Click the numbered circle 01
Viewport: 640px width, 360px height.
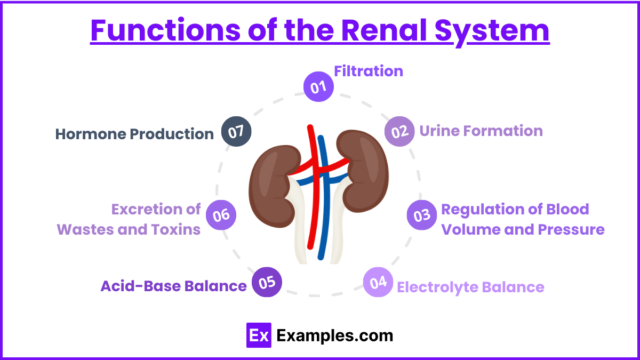tap(318, 86)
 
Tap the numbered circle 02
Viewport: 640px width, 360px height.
tap(399, 131)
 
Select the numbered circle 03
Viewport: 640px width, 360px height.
tap(422, 215)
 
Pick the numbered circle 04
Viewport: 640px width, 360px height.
tap(378, 283)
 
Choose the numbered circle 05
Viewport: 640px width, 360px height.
tap(267, 282)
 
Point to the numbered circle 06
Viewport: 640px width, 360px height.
tap(221, 215)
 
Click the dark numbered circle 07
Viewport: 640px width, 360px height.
tap(236, 132)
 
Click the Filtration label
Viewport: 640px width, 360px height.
tap(368, 71)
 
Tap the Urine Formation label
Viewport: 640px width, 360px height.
tap(481, 131)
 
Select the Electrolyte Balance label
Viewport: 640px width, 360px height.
tap(470, 287)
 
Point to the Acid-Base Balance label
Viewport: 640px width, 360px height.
tap(173, 286)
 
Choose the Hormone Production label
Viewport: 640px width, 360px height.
tap(134, 134)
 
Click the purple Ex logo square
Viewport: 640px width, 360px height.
tap(259, 335)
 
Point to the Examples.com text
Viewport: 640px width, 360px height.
tap(335, 335)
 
